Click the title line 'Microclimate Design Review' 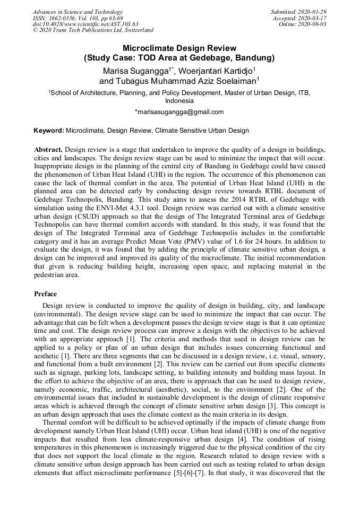(179, 48)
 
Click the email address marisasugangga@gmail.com (179, 112)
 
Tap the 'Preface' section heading (45, 294)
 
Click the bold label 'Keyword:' (48, 130)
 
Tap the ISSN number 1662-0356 (64, 18)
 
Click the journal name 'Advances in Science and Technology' (78, 12)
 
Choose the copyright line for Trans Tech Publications (93, 30)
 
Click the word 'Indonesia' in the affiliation (179, 100)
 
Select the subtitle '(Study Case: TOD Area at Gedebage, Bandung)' (179, 57)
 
